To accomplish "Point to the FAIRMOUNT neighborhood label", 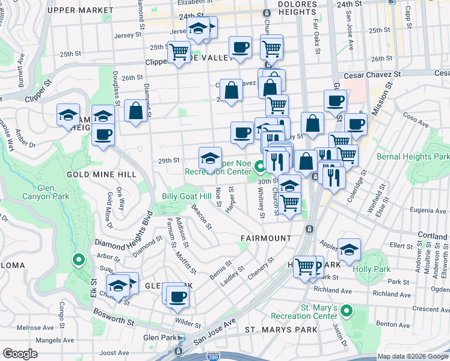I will [266, 238].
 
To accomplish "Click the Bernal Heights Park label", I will [413, 156].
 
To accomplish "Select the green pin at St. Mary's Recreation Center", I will [345, 311].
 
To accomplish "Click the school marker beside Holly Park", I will [349, 249].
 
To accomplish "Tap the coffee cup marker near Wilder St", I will [177, 297].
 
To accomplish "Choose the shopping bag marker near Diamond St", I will [136, 111].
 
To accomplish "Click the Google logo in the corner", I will [20, 354].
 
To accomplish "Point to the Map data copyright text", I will [412, 356].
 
